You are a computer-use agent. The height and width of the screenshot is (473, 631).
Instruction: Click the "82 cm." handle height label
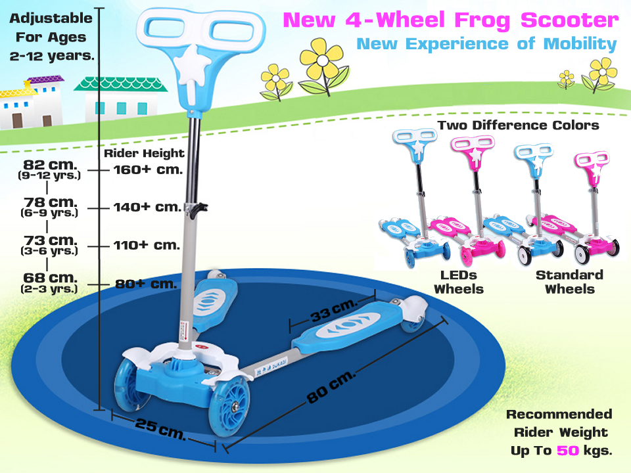[x=49, y=164]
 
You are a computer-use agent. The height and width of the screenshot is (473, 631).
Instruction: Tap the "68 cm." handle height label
[x=49, y=279]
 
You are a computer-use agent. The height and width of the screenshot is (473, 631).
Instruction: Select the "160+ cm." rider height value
[x=145, y=169]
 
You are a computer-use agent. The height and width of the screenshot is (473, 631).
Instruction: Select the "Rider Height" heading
[x=145, y=154]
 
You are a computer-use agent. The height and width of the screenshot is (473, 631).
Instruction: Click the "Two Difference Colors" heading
[x=519, y=124]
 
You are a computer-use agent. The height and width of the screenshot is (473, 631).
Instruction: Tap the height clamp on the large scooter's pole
[x=196, y=209]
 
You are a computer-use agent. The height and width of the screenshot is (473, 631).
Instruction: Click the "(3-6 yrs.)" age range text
[x=49, y=250]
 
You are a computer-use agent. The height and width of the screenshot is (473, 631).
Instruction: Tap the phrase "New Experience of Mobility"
[x=486, y=44]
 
